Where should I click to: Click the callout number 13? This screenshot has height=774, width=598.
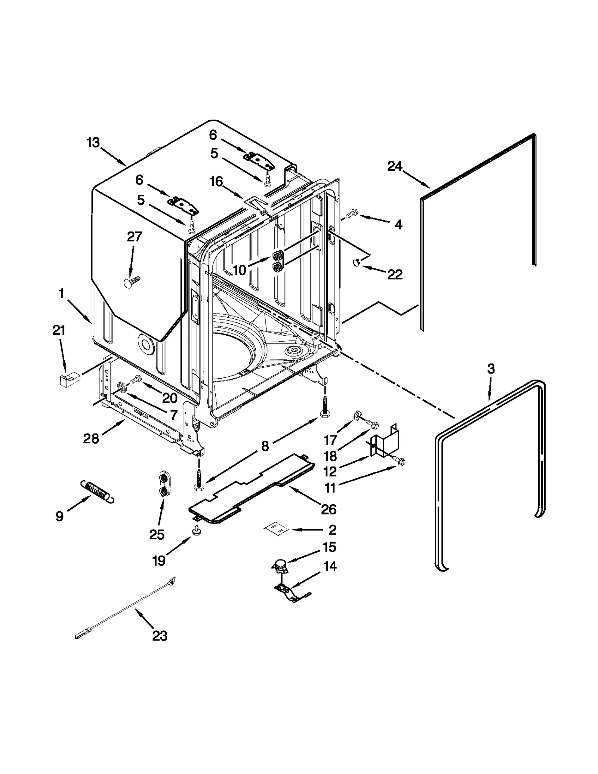click(x=93, y=142)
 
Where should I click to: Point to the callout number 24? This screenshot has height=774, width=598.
click(x=395, y=166)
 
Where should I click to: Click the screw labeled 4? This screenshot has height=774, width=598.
click(x=352, y=215)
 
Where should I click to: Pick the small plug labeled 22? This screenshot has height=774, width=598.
click(x=356, y=263)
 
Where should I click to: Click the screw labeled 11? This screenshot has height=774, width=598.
click(x=400, y=462)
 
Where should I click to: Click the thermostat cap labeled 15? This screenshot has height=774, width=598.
click(x=280, y=566)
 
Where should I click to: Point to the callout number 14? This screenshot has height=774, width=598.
click(x=330, y=567)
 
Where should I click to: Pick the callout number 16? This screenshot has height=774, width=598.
click(x=216, y=182)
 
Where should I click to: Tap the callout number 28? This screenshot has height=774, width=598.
click(x=91, y=438)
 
